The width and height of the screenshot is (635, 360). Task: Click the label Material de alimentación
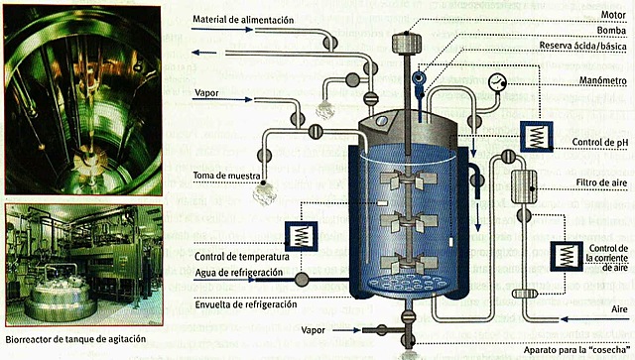click(243, 20)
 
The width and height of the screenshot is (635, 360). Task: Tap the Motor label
click(613, 15)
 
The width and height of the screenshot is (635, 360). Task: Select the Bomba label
click(611, 31)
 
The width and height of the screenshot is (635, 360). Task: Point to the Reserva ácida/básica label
click(582, 46)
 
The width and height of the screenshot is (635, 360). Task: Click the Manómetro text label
click(602, 80)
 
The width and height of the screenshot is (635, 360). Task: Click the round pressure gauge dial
click(497, 83)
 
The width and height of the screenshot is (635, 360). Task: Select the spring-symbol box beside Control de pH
click(536, 137)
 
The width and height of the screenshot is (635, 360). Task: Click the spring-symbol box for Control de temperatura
click(301, 236)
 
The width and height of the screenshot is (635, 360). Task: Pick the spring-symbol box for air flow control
click(567, 256)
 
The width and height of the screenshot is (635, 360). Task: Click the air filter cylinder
click(525, 186)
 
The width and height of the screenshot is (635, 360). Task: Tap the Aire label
click(619, 309)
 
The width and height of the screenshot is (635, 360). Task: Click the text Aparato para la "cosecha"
click(575, 350)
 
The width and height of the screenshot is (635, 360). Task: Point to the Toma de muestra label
click(226, 176)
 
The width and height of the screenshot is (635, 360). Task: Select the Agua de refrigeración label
click(238, 273)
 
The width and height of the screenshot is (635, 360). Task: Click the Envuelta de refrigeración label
click(246, 304)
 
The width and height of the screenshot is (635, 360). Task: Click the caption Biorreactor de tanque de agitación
click(75, 339)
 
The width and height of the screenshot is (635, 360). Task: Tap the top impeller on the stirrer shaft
click(408, 179)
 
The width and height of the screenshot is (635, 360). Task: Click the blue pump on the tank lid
click(419, 82)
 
